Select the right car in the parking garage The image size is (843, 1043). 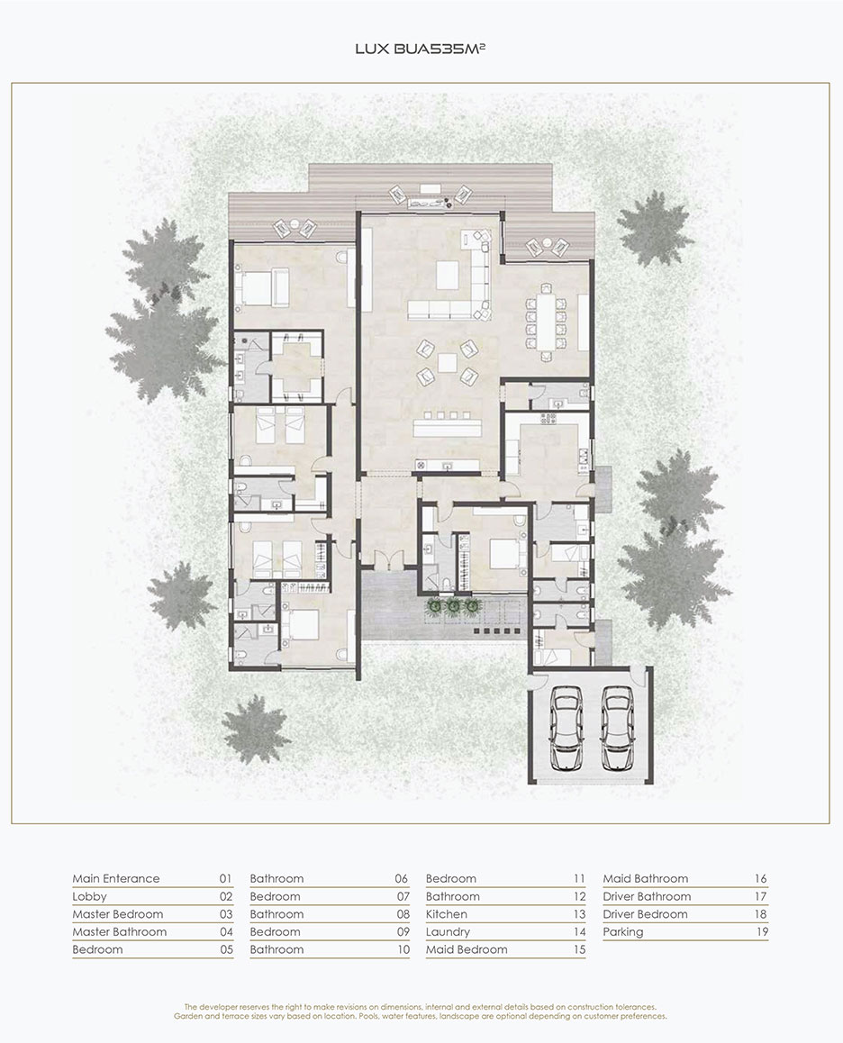[615, 729]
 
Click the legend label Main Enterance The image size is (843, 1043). [116, 879]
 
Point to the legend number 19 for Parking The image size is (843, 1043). [762, 932]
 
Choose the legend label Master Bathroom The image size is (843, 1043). [120, 932]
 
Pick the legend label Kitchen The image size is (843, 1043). [447, 914]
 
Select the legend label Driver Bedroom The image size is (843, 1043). [646, 914]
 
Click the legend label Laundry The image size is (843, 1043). [448, 932]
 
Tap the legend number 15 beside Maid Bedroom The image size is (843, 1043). [579, 949]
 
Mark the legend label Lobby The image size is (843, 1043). [89, 897]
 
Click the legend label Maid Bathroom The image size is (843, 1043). [646, 879]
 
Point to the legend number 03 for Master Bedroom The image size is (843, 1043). [226, 914]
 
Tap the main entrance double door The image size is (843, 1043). [388, 560]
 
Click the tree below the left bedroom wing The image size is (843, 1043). [256, 730]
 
